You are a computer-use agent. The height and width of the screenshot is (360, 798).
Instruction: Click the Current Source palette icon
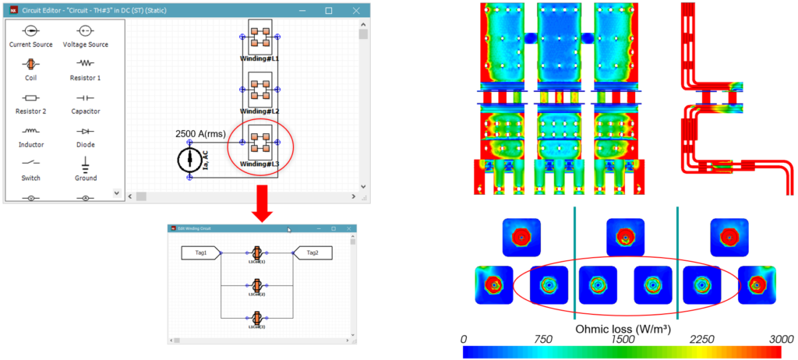(30, 30)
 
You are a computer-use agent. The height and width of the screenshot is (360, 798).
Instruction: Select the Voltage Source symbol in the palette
(86, 30)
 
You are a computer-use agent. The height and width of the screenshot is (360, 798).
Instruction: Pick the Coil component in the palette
(30, 64)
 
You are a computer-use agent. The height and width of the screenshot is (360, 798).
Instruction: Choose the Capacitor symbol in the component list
(86, 97)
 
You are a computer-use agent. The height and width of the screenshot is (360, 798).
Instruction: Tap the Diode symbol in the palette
(86, 131)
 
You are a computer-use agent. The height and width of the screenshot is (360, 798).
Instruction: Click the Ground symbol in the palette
(86, 164)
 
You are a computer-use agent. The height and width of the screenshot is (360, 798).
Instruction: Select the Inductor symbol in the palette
(30, 131)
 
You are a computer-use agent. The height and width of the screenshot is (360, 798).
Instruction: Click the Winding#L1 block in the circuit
(260, 37)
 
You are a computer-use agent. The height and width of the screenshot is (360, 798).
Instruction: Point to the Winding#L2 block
(260, 90)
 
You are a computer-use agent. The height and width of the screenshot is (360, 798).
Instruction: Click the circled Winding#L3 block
(260, 143)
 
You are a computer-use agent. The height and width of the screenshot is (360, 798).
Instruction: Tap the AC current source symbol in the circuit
(189, 160)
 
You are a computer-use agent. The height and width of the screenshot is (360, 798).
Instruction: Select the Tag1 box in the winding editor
(201, 252)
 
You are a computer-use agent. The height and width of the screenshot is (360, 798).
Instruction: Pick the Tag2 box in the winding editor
(312, 252)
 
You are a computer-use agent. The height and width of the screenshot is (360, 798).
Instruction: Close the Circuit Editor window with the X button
(356, 10)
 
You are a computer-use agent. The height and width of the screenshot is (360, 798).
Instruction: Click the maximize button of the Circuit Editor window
(328, 10)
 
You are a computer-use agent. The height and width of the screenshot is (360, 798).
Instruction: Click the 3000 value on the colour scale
(779, 340)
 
